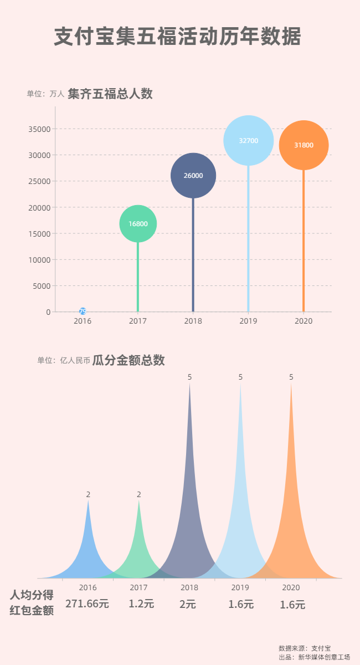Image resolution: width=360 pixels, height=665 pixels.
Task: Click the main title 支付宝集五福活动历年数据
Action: point(178,37)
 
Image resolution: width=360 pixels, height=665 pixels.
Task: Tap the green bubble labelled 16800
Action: point(138,224)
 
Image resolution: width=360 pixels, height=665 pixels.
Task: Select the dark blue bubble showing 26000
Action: point(193,176)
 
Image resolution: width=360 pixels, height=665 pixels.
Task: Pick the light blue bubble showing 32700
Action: point(249,141)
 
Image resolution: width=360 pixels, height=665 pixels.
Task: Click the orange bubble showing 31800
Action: point(304,145)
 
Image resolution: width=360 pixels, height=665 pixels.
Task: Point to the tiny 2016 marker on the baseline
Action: point(83,311)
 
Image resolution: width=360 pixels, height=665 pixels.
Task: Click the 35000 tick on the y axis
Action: point(40,129)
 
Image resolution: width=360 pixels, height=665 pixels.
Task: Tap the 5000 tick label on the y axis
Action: point(42,286)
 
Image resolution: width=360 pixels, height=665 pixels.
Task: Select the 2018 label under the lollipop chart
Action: point(193,321)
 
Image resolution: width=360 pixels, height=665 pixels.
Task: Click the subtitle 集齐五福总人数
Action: point(110,94)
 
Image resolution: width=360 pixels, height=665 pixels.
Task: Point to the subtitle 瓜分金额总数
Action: point(128,360)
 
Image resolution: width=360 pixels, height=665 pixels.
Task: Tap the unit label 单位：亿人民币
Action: point(64,361)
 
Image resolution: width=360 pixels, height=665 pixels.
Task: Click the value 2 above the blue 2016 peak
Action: point(88,494)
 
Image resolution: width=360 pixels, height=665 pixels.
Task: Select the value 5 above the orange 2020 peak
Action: point(291,377)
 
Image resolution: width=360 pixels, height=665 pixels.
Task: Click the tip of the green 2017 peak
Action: point(139,502)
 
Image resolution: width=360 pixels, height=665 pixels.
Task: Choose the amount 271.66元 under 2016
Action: point(87,604)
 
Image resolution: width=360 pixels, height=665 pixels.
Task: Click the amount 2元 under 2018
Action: point(188,605)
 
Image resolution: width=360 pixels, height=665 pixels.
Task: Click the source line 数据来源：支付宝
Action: point(305,648)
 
